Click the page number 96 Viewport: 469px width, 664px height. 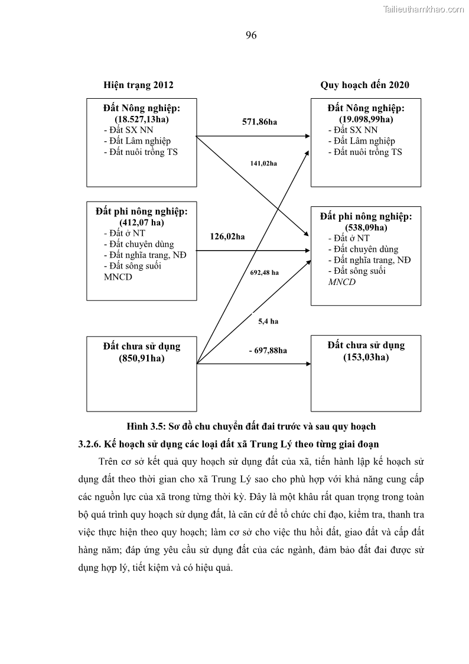point(250,35)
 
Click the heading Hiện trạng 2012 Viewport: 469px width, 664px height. point(138,85)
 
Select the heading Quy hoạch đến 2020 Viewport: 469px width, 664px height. point(364,85)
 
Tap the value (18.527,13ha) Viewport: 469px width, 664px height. point(141,119)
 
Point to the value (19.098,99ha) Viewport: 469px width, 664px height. point(366,119)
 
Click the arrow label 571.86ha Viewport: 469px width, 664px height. point(259,122)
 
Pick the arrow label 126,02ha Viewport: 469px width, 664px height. point(227,237)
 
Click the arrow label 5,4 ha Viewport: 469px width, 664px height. point(268,322)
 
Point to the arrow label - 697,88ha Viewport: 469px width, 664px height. point(268,351)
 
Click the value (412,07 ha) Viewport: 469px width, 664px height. point(141,222)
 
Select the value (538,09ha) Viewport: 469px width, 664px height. point(366,228)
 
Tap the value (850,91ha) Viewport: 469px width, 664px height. point(141,358)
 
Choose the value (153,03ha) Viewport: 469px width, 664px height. point(366,357)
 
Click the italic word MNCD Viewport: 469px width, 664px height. point(342,282)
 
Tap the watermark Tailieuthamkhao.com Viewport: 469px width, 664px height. point(424,9)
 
